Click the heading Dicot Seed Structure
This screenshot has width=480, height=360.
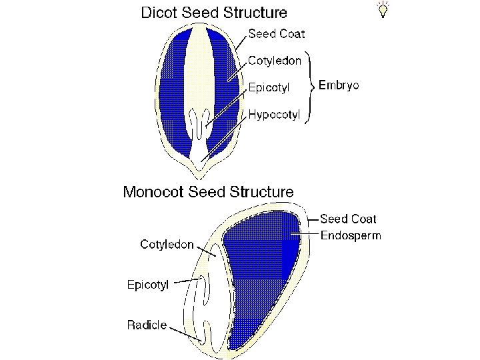pos(214,12)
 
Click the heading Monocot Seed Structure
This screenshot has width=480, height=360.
pos(208,192)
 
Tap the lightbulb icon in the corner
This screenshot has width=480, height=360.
pos(383,9)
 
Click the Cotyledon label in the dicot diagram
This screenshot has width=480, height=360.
pos(275,61)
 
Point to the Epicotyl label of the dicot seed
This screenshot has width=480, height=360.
pos(269,87)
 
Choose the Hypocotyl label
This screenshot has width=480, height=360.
pos(275,115)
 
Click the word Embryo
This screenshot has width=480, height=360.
pos(339,85)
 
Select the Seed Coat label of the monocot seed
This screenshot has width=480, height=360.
pos(348,219)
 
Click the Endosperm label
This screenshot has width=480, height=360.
pos(351,235)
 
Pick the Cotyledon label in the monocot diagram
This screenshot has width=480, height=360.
pos(167,244)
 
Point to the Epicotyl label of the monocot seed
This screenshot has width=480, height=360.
pos(148,285)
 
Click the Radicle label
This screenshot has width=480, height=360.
pos(147,325)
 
